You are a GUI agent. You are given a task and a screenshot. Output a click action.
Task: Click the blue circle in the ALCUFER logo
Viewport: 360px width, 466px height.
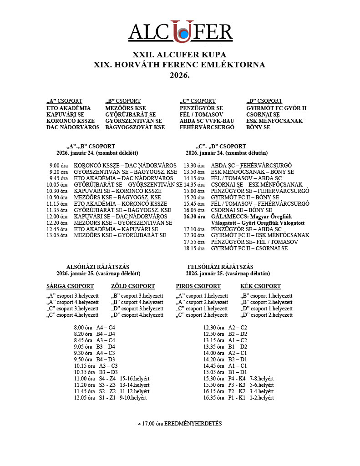pos(183,34)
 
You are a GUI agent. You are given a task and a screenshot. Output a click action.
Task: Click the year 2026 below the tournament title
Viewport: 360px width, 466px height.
pos(180,75)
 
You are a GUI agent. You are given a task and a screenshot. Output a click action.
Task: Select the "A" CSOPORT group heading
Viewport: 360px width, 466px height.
pos(64,101)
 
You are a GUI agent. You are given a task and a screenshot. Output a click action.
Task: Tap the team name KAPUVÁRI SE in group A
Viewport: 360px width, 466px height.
pos(66,114)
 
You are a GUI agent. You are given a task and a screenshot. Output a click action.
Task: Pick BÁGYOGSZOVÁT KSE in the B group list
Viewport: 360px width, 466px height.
pos(135,127)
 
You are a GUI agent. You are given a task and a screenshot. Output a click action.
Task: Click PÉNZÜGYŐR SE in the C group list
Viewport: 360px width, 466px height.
pos(201,108)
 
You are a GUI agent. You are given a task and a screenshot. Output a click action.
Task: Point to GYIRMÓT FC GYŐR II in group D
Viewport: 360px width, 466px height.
pos(276,108)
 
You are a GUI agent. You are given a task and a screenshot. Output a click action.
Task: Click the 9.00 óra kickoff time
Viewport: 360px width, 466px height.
pos(59,165)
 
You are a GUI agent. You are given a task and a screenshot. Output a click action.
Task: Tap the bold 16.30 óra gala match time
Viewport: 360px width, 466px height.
pos(194,217)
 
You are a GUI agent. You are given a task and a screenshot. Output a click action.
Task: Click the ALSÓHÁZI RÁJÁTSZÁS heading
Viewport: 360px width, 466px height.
pos(98,267)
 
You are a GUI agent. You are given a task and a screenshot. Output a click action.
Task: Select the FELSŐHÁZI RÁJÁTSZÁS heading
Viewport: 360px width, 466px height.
pos(220,267)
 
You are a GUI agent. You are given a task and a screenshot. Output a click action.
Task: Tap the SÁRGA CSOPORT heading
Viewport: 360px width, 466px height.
pos(70,286)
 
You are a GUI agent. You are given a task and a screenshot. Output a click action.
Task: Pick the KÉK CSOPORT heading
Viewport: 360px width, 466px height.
pos(260,286)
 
